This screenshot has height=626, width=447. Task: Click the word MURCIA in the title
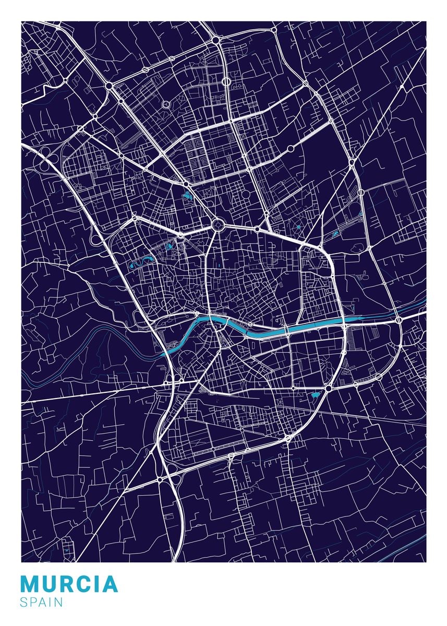pyautogui.click(x=69, y=584)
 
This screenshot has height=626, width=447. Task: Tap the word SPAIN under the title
pyautogui.click(x=42, y=602)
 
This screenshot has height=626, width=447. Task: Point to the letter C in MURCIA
pyautogui.click(x=87, y=584)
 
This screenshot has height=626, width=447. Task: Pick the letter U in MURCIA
pyautogui.click(x=50, y=584)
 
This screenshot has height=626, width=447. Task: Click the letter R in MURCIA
pyautogui.click(x=68, y=584)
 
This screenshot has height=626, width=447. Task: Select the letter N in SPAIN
pyautogui.click(x=58, y=602)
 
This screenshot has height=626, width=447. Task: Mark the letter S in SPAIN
pyautogui.click(x=24, y=602)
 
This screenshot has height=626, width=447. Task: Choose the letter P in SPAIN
pyautogui.click(x=33, y=602)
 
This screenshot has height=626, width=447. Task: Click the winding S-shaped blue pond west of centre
pyautogui.click(x=141, y=262)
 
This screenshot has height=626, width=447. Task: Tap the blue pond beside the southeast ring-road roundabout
pyautogui.click(x=315, y=396)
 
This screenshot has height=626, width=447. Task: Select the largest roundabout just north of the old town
pyautogui.click(x=218, y=225)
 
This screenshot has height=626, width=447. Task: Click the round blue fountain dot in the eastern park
pyautogui.click(x=298, y=227)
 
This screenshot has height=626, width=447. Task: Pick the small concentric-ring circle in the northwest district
pyautogui.click(x=166, y=104)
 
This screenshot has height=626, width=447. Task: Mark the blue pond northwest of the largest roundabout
pyautogui.click(x=187, y=196)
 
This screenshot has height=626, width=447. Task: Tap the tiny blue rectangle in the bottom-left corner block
pyautogui.click(x=67, y=550)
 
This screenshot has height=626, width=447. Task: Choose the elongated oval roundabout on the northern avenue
pyautogui.click(x=226, y=82)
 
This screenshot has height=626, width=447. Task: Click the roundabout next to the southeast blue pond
pyautogui.click(x=329, y=388)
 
